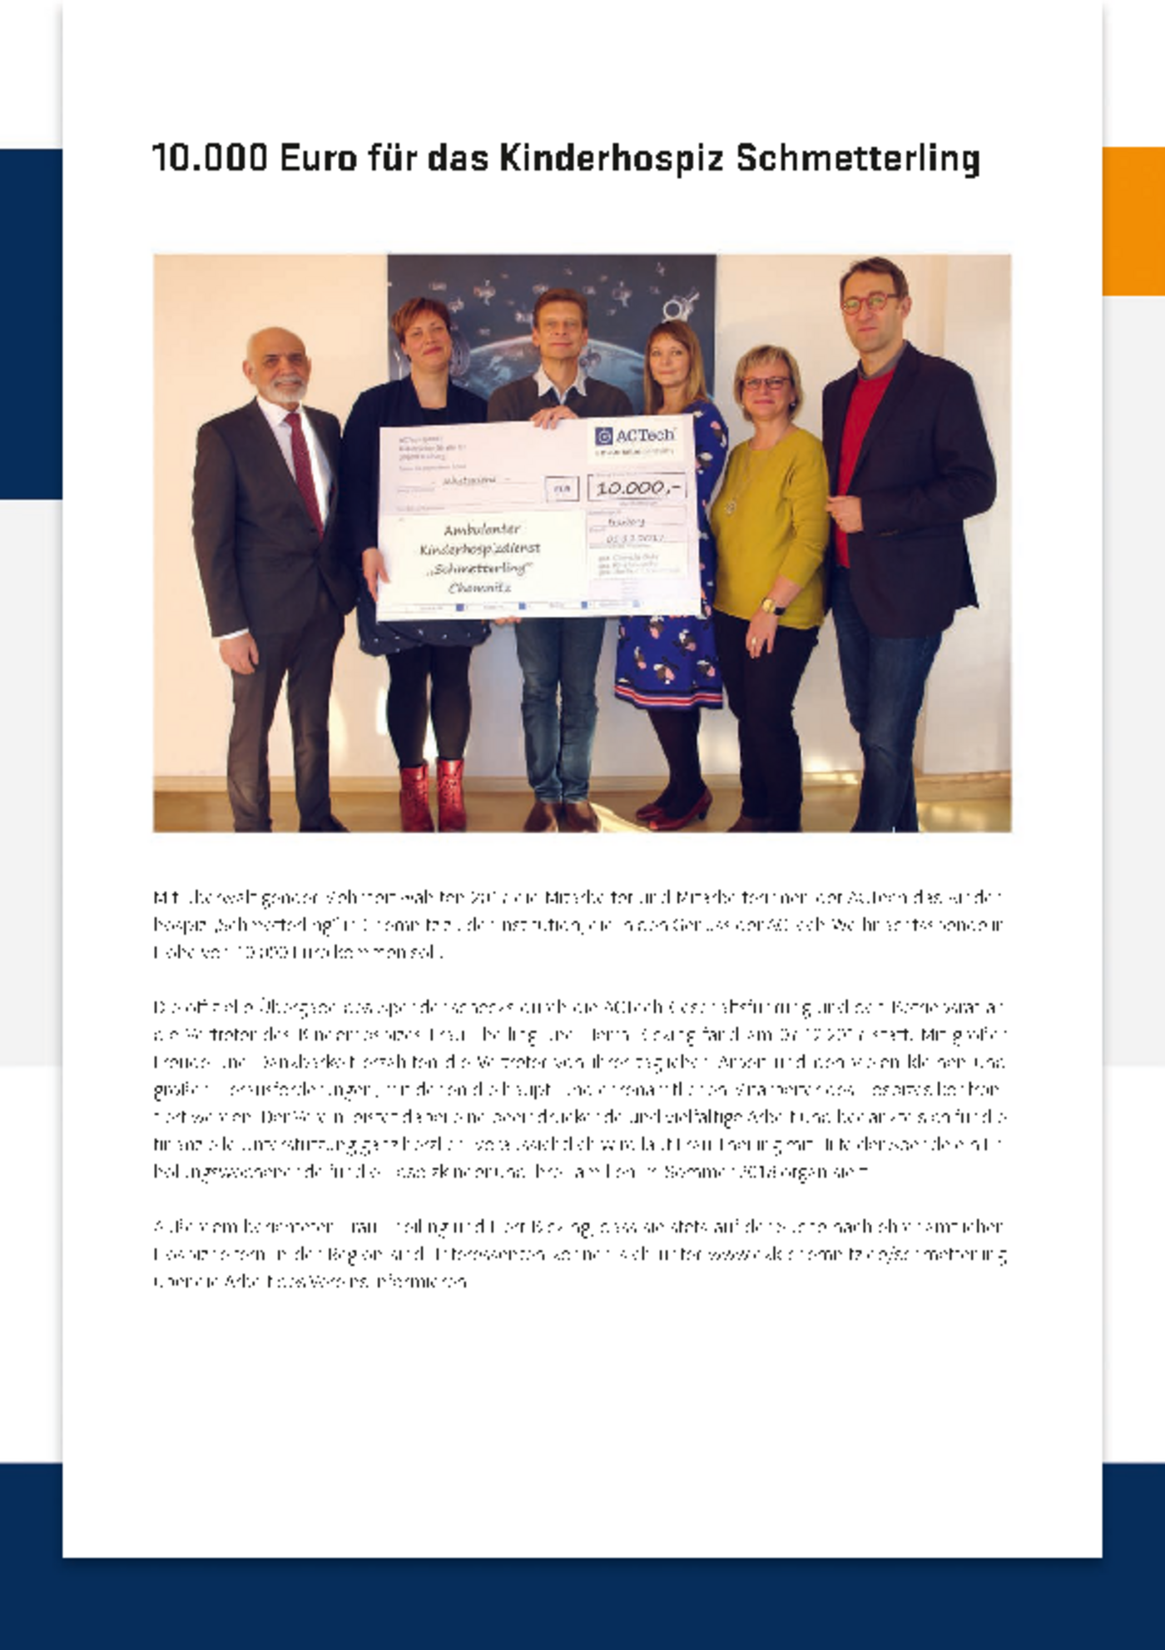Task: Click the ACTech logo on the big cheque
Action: coord(636,436)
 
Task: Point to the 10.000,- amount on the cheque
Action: coord(637,488)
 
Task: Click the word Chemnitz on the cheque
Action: coord(479,588)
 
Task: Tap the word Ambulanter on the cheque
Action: coord(482,529)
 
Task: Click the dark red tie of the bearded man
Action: coord(305,470)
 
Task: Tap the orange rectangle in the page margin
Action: coord(1133,221)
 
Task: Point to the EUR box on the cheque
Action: coord(562,489)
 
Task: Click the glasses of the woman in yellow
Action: coord(766,384)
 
